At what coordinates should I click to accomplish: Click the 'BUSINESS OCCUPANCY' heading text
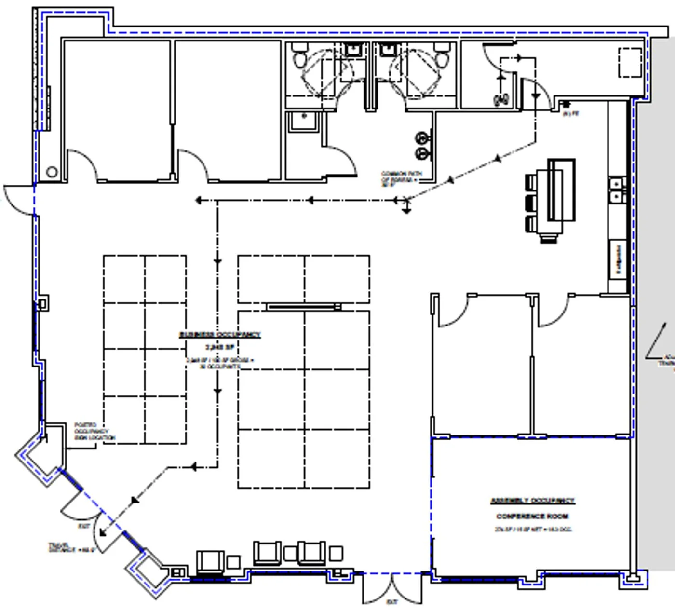220,334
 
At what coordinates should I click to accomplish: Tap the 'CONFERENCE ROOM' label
532,516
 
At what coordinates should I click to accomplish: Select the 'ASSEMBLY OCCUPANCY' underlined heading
532,501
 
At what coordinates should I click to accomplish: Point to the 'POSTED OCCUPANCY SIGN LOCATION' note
94,431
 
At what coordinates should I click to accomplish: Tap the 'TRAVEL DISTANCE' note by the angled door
70,548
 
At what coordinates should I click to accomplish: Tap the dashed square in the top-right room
630,62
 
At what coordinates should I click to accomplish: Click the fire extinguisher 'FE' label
571,114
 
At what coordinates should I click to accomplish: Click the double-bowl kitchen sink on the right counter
616,190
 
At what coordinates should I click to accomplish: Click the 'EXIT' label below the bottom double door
392,602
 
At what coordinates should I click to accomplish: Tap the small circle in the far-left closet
52,172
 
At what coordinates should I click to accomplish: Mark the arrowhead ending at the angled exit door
103,532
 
